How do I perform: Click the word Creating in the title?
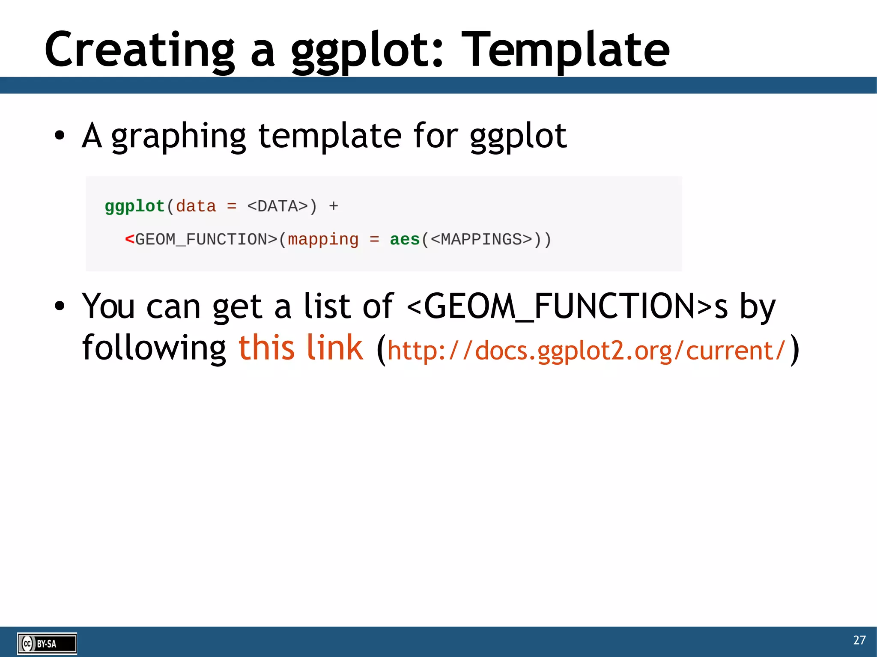coord(140,51)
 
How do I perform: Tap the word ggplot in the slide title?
coord(367,52)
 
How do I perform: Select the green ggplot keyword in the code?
coord(134,206)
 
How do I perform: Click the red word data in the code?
coord(196,206)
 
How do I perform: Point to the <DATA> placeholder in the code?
coord(277,206)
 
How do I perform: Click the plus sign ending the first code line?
coord(333,206)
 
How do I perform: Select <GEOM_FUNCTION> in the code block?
coord(201,239)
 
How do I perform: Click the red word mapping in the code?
coord(323,239)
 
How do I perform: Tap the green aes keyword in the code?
coord(404,239)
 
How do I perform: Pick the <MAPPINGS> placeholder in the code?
coord(481,239)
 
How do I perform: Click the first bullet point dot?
coord(60,136)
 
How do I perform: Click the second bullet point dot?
coord(60,306)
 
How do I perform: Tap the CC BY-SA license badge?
coord(47,643)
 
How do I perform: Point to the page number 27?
coord(859,640)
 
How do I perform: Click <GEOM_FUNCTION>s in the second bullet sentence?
coord(567,306)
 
